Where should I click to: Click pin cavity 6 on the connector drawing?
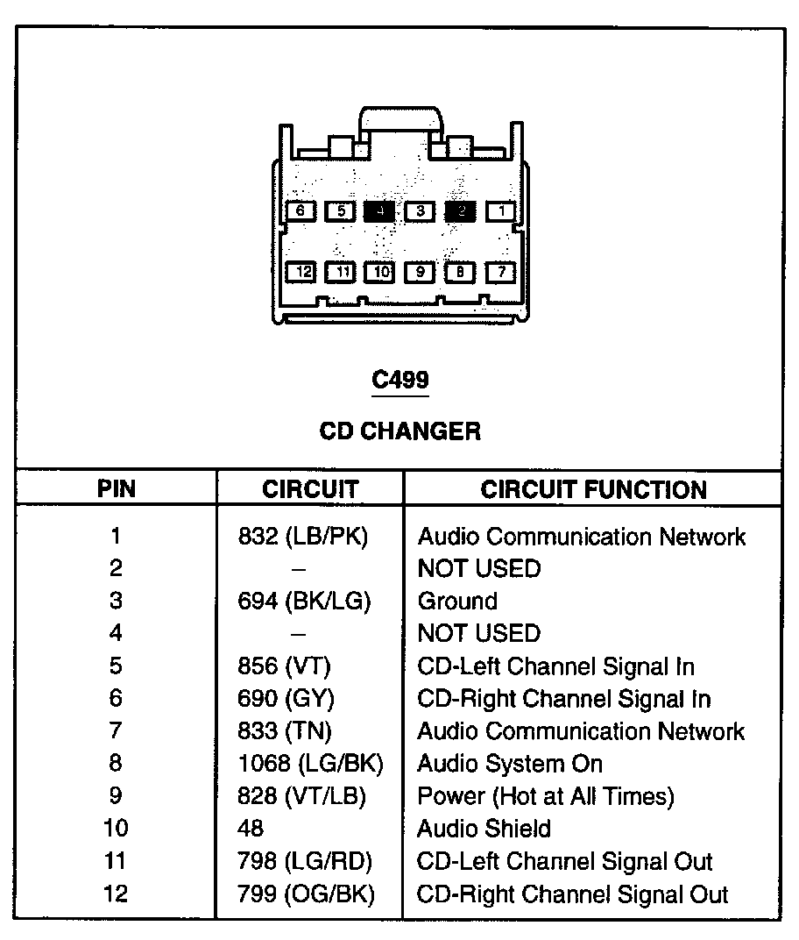301,211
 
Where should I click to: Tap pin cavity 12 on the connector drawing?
302,272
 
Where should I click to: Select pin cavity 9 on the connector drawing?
421,272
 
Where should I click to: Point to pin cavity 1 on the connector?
501,211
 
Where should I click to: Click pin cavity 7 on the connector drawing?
500,272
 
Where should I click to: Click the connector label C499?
400,381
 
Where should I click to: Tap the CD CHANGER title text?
399,431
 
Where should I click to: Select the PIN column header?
117,489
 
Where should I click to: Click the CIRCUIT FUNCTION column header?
593,489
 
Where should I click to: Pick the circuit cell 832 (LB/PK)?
303,537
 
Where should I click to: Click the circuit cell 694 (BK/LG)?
304,602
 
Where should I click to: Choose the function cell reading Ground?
457,602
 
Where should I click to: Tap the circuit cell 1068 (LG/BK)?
310,764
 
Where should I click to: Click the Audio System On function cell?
510,764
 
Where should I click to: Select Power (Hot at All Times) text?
546,796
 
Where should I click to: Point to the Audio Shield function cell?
484,829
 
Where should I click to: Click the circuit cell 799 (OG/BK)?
305,894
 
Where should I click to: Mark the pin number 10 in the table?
116,829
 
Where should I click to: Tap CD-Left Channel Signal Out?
564,862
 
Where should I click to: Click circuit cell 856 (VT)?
284,666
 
